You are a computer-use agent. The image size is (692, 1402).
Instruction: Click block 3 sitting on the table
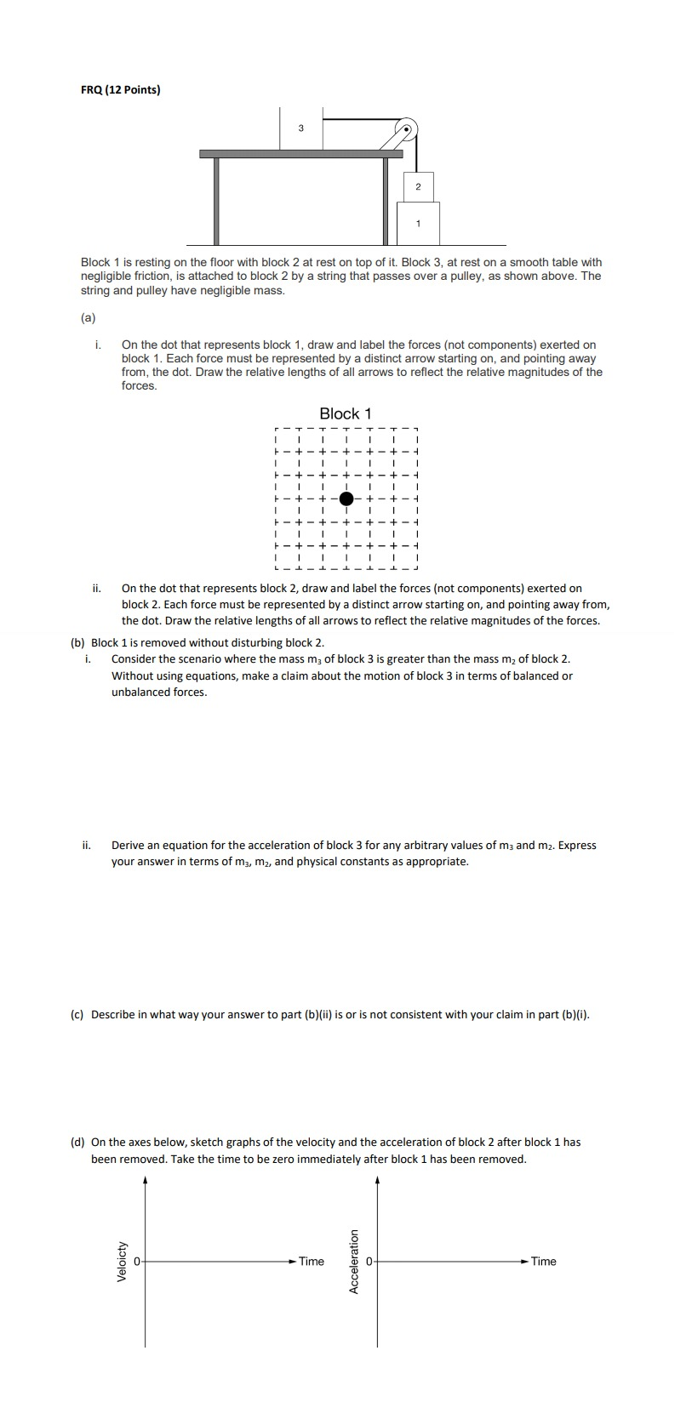[300, 128]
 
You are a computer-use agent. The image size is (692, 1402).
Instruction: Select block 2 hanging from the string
[418, 185]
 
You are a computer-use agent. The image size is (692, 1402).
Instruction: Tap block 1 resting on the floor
[418, 223]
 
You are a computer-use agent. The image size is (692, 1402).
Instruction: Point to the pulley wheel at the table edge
[408, 128]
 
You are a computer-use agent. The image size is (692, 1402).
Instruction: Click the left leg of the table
[217, 201]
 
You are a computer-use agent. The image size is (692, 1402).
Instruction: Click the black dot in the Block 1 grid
[346, 499]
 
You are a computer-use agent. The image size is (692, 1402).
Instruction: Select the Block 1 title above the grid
[346, 413]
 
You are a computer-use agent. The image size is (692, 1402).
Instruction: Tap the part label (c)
[77, 1014]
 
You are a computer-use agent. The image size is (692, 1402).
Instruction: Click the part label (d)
[77, 1142]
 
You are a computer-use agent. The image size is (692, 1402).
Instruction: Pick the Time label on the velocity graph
[312, 1261]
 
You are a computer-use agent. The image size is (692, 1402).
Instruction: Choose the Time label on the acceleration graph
[543, 1261]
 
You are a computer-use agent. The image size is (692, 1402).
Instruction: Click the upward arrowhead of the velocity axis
[145, 1180]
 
